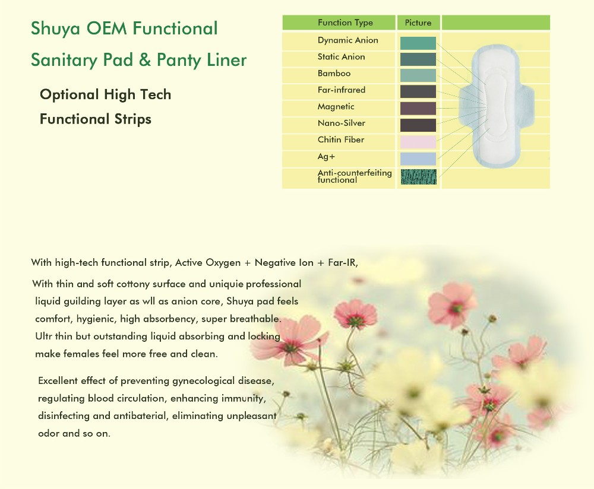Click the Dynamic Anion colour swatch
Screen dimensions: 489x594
[418, 43]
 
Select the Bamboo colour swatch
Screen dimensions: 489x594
[418, 75]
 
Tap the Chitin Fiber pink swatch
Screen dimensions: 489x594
[418, 142]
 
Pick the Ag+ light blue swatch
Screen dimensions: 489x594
[418, 158]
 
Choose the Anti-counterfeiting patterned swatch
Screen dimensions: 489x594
[418, 176]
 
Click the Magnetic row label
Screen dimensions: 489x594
[336, 107]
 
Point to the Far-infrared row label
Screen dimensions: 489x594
[342, 90]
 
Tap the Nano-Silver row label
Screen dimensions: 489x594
[342, 123]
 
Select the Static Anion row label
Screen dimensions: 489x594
[342, 57]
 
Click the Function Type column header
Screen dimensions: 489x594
[345, 23]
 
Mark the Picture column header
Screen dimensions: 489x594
[418, 23]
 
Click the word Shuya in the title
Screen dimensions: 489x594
[52, 28]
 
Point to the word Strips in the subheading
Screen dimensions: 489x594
[131, 119]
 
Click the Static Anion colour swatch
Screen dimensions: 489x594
[418, 59]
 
